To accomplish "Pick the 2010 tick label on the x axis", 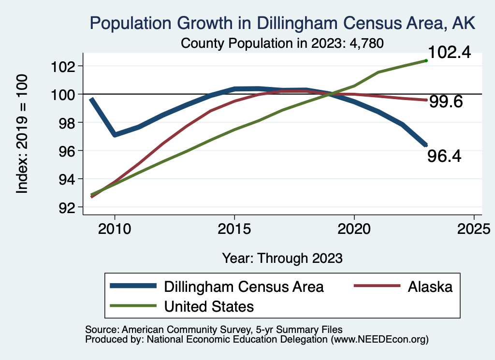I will [x=115, y=229].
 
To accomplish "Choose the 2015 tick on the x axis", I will [x=234, y=229].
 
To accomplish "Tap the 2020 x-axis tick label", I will [x=354, y=229].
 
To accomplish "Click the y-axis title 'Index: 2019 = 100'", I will [x=22, y=134].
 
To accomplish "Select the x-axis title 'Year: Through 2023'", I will [x=282, y=258].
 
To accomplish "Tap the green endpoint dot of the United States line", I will [x=426, y=60].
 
